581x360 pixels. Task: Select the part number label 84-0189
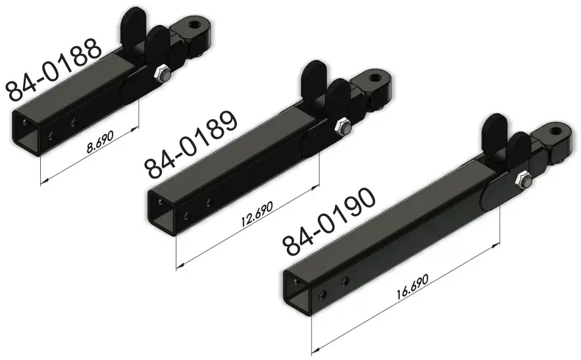(x=191, y=145)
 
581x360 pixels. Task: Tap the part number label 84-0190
(x=328, y=222)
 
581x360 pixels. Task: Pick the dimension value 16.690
(x=413, y=289)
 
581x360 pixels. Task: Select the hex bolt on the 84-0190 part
(x=523, y=179)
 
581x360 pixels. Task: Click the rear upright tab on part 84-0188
(x=135, y=23)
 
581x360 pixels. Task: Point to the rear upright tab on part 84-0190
(x=493, y=128)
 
